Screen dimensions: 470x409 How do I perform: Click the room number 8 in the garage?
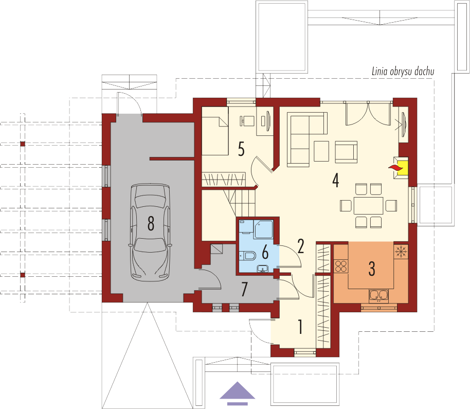[x=151, y=223]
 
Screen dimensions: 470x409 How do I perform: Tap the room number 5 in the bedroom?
[x=241, y=149]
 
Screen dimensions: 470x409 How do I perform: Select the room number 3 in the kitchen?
[x=372, y=269]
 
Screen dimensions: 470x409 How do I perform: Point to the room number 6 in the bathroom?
[x=265, y=252]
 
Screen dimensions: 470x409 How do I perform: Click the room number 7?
[x=245, y=289]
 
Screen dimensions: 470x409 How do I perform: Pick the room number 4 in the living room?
[x=336, y=181]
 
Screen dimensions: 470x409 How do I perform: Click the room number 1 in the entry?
[x=300, y=327]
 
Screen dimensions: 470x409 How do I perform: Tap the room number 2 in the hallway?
[x=301, y=246]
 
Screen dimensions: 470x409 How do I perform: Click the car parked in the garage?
[x=151, y=233]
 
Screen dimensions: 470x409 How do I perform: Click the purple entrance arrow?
[x=238, y=394]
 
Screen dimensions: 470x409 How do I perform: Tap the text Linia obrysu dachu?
[x=403, y=72]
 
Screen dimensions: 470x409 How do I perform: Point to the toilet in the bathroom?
[x=247, y=256]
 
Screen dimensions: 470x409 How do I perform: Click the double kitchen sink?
[x=378, y=295]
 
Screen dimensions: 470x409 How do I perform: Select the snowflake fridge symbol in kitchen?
[x=401, y=252]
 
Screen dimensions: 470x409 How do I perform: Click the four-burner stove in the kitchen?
[x=341, y=266]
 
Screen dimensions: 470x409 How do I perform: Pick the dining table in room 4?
[x=368, y=205]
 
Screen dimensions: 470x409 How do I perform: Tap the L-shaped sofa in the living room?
[x=307, y=139]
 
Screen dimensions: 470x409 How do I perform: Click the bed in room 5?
[x=215, y=135]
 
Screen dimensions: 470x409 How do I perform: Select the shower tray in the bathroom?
[x=264, y=229]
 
